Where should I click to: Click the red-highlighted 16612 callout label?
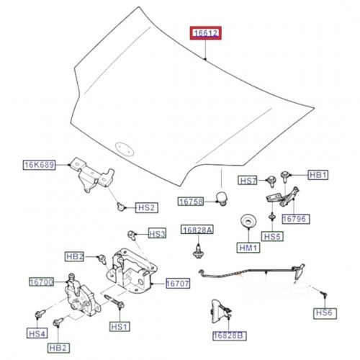pyautogui.click(x=205, y=33)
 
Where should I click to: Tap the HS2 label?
pyautogui.click(x=146, y=208)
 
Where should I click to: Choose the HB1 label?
pyautogui.click(x=318, y=175)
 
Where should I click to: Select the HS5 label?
pyautogui.click(x=271, y=235)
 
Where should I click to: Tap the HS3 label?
pyautogui.click(x=157, y=233)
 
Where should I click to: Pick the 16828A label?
pyautogui.click(x=197, y=230)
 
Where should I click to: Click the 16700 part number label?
pyautogui.click(x=41, y=282)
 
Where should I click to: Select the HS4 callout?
pyautogui.click(x=37, y=334)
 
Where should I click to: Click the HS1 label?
pyautogui.click(x=119, y=326)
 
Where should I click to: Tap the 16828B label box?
pyautogui.click(x=229, y=336)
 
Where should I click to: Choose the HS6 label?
pyautogui.click(x=323, y=312)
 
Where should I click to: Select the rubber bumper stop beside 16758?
pyautogui.click(x=224, y=195)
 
